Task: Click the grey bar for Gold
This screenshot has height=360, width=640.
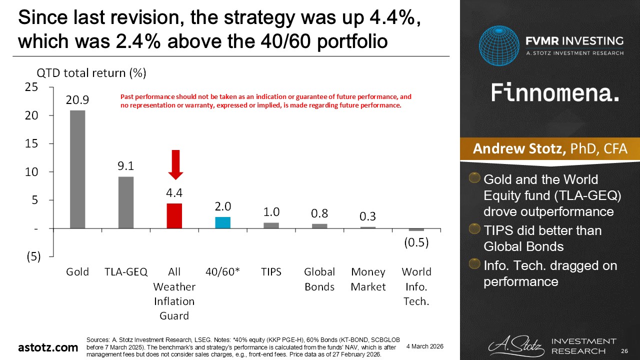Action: (77, 169)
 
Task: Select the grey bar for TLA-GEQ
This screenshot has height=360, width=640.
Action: (126, 202)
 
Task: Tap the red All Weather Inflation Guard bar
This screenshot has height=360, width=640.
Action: (174, 216)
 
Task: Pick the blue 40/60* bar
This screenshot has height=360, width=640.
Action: (223, 222)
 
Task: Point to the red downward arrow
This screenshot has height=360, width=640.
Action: (175, 164)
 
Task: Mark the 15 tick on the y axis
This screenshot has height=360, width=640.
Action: (32, 143)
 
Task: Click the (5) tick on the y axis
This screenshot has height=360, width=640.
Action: (31, 256)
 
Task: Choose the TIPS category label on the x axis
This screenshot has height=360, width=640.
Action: (271, 272)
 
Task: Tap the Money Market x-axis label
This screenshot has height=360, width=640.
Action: (368, 279)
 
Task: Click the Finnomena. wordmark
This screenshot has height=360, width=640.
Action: (555, 92)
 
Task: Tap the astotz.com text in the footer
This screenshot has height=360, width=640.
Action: (48, 347)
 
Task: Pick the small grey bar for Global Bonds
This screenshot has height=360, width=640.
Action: (319, 226)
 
